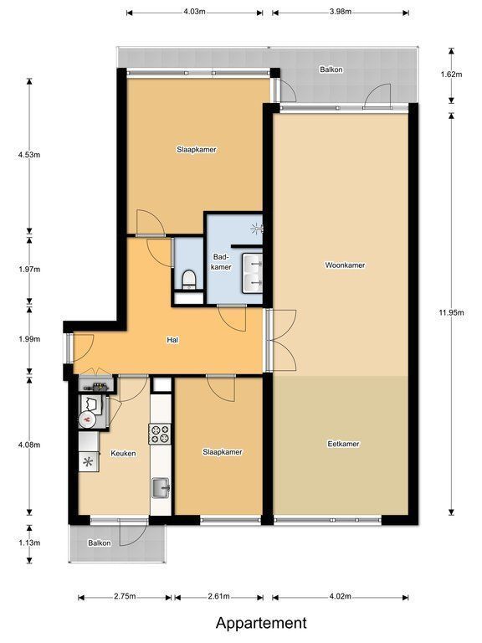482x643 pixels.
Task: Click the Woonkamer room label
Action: (x=345, y=265)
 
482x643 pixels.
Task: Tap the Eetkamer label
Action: (x=343, y=444)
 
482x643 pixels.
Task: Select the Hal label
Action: (x=172, y=340)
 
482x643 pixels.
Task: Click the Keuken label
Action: (x=123, y=453)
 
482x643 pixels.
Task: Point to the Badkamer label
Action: (x=222, y=261)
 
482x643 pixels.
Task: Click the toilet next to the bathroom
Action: (x=189, y=279)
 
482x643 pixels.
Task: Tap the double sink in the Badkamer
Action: (x=252, y=273)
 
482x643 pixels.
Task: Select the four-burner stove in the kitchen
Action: (x=160, y=434)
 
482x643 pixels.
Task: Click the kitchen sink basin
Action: (x=161, y=488)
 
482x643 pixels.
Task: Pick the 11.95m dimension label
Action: (x=451, y=312)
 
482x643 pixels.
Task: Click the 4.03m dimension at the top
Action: (x=194, y=12)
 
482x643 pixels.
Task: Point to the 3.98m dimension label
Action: (x=341, y=12)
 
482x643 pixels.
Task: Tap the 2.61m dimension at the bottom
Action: (x=218, y=596)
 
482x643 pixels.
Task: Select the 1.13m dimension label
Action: (x=29, y=543)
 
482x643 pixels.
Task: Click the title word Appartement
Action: (x=261, y=623)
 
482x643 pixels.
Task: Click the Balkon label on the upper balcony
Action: (x=331, y=69)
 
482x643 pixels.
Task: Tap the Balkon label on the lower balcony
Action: (x=100, y=543)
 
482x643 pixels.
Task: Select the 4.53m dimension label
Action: (x=29, y=155)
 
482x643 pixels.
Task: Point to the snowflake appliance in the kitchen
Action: (x=89, y=462)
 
